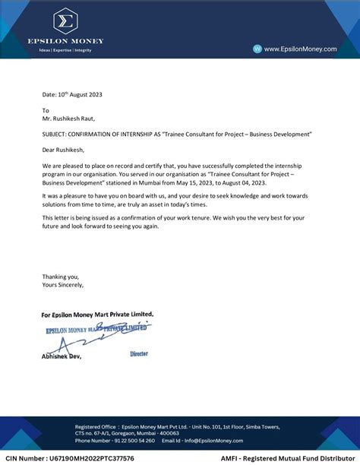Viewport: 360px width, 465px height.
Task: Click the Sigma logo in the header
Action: pyautogui.click(x=65, y=20)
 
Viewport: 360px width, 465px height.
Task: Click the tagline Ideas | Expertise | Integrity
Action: pyautogui.click(x=65, y=50)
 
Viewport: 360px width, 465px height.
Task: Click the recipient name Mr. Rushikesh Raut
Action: pyautogui.click(x=68, y=118)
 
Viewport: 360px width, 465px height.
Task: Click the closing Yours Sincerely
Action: pyautogui.click(x=63, y=285)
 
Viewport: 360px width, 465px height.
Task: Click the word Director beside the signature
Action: pyautogui.click(x=139, y=354)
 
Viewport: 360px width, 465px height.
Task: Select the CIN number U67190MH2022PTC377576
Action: pyautogui.click(x=70, y=459)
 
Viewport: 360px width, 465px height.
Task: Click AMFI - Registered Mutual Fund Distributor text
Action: pyautogui.click(x=289, y=459)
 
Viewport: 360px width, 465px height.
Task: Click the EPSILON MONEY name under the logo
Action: pyautogui.click(x=65, y=41)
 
